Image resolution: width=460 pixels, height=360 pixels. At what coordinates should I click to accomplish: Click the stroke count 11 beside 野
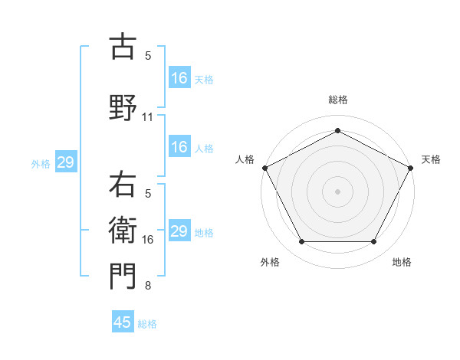(x=148, y=117)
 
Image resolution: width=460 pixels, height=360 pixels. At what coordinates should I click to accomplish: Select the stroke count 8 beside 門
(x=148, y=286)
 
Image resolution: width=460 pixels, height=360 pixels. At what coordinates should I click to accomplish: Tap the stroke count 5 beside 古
(x=148, y=56)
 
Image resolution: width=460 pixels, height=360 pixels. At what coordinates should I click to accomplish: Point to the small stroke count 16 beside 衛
(x=148, y=240)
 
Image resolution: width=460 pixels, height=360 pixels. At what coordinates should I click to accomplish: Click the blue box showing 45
(x=123, y=322)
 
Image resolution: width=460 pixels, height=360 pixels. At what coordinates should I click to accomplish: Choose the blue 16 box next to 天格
(x=179, y=78)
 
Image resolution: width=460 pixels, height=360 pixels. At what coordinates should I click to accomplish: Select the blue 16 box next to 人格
(x=179, y=147)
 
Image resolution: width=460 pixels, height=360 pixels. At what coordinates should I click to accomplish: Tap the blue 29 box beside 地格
(x=179, y=231)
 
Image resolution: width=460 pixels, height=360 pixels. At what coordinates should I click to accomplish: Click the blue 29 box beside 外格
(x=65, y=162)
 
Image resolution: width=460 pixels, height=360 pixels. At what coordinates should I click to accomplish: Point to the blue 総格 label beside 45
(x=147, y=324)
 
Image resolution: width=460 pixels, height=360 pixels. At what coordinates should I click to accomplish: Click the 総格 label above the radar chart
(x=337, y=100)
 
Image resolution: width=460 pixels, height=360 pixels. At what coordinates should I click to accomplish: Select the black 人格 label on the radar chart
(x=245, y=159)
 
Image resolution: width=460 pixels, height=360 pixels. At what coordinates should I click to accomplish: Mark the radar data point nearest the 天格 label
(x=412, y=167)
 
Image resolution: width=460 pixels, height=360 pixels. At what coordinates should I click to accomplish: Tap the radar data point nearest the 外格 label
(x=301, y=242)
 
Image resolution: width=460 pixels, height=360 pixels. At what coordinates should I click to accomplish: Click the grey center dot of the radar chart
(x=337, y=191)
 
